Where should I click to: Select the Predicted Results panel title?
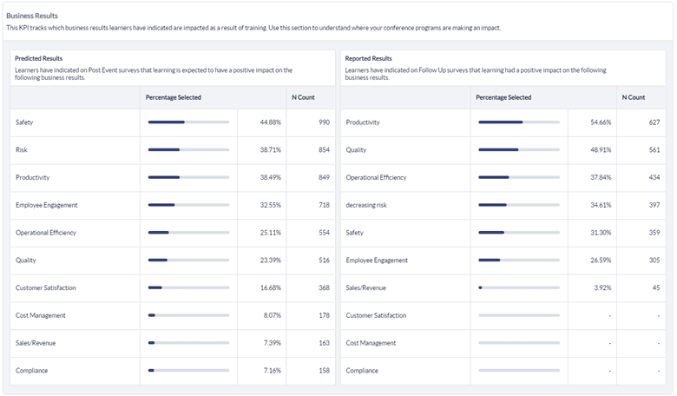tap(38, 58)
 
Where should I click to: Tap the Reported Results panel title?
tap(368, 58)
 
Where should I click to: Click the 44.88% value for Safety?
tap(270, 122)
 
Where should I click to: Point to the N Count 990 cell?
tap(324, 122)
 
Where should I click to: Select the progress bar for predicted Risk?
tap(188, 150)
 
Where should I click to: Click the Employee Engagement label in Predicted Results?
tap(46, 205)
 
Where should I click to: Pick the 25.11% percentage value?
tap(270, 233)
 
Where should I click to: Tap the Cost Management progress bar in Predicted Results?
tap(188, 315)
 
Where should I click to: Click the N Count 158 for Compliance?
tap(324, 371)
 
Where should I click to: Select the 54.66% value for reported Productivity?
tap(601, 122)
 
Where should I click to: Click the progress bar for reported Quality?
tap(518, 150)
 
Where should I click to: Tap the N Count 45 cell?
tap(655, 287)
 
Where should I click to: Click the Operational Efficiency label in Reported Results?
tap(376, 177)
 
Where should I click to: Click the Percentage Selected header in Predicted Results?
tap(174, 97)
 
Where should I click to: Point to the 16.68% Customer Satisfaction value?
tap(270, 287)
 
